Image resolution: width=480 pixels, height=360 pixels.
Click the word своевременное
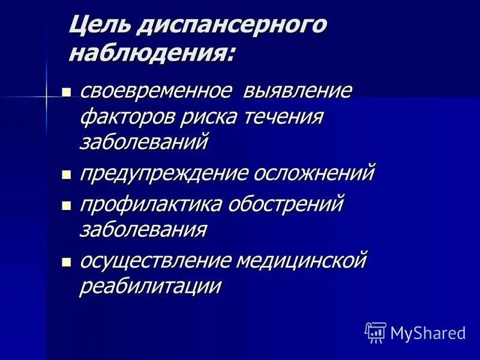pyautogui.click(x=155, y=92)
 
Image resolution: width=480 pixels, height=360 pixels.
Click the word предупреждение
pyautogui.click(x=163, y=174)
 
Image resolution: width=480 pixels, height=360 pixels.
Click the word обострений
pyautogui.click(x=285, y=205)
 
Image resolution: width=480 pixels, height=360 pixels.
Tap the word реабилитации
pyautogui.click(x=151, y=286)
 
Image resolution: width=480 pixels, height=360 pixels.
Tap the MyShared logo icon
pyautogui.click(x=375, y=332)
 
